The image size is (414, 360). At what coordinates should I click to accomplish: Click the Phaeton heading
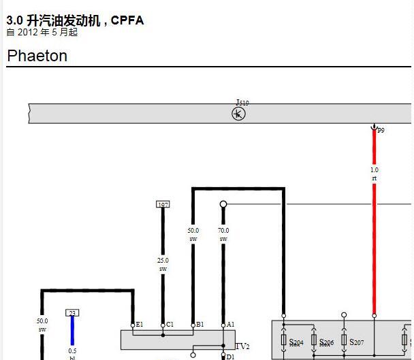pos(37,56)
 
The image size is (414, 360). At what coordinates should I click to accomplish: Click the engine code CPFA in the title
pos(127,20)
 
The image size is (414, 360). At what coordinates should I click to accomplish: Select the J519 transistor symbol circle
pos(239,114)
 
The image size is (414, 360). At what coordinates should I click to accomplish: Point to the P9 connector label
pos(381,130)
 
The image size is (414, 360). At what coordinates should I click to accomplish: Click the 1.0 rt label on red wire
pos(375,174)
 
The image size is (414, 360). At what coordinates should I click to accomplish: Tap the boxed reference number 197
pos(163,204)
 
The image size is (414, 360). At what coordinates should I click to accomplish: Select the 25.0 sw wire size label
pos(163,264)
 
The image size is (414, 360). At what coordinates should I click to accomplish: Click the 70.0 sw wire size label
pos(223,235)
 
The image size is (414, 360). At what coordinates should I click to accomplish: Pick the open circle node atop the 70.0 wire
pos(223,203)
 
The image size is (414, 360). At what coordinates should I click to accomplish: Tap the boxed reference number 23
pos(72,312)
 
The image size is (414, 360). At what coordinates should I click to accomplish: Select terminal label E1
pos(140,325)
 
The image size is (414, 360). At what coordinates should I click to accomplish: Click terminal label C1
pos(170,325)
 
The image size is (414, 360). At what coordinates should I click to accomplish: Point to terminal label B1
pos(200,325)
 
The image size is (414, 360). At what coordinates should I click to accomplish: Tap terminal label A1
pos(230,325)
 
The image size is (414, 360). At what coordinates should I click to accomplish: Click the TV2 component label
pos(242,346)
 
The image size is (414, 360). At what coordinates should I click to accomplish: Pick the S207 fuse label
pos(357,342)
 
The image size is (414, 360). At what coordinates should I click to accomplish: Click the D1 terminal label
pos(230,357)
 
